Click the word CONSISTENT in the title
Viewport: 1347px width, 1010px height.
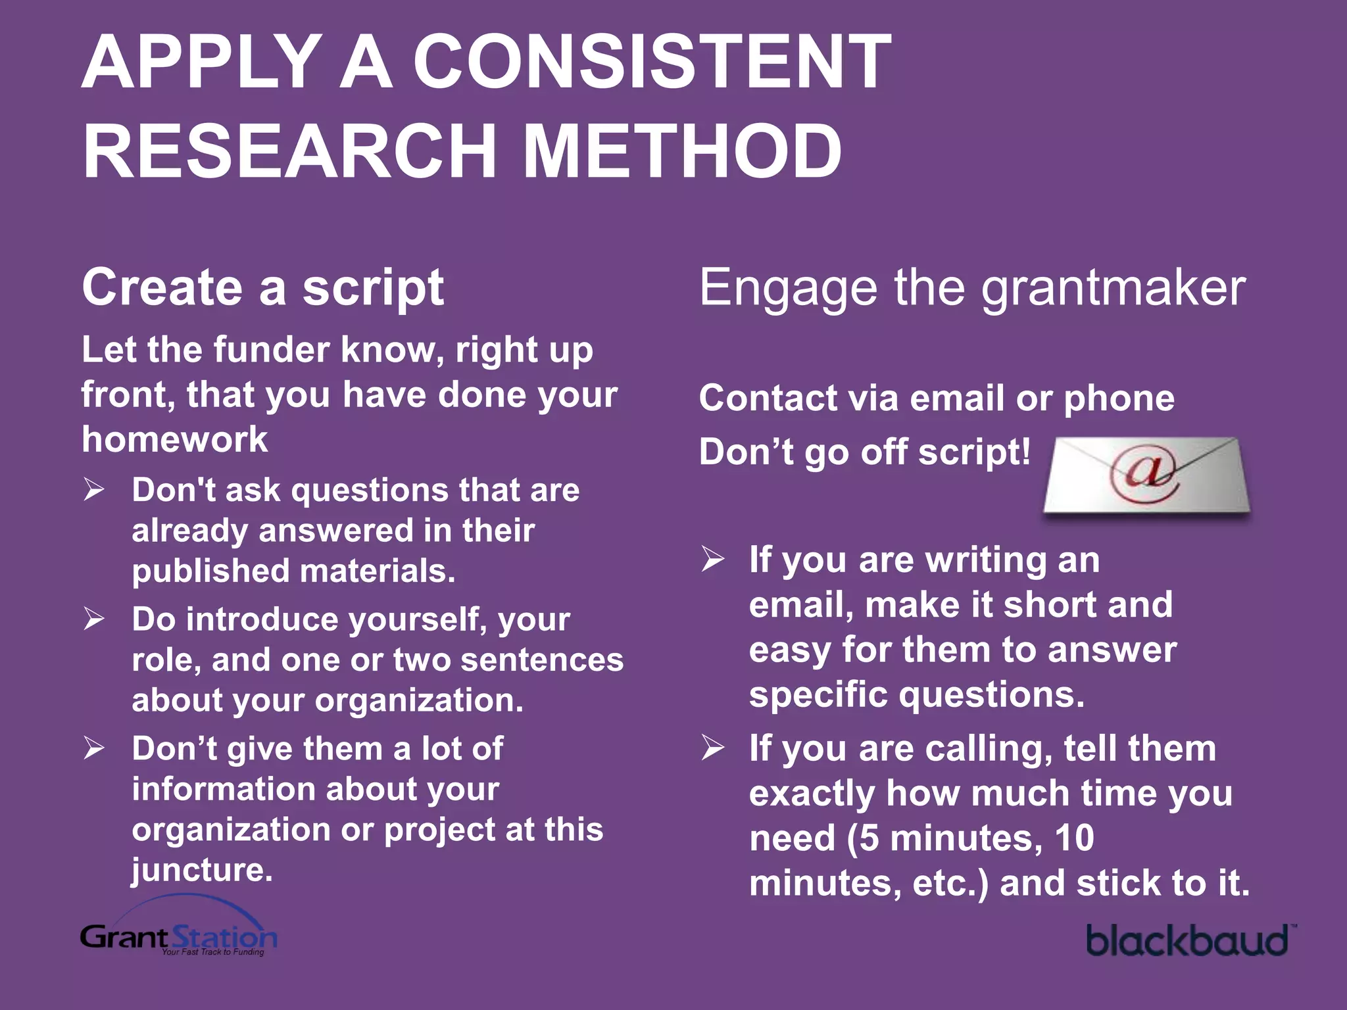pos(651,62)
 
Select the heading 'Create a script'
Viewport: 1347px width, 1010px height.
pos(263,288)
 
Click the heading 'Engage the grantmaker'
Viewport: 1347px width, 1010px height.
pos(972,288)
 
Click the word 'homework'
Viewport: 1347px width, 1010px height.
pos(175,439)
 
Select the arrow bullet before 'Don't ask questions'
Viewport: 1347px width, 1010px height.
pos(94,490)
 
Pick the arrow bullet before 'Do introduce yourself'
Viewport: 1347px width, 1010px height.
pos(94,619)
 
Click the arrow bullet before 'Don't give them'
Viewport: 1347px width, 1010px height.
pos(94,748)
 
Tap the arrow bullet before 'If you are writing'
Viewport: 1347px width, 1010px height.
pos(712,560)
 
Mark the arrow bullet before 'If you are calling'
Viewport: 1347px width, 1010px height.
pos(712,748)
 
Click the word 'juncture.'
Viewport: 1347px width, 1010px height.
pos(202,869)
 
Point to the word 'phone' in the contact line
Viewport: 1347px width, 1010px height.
pos(1119,398)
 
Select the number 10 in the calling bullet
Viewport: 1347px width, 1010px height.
pos(1073,838)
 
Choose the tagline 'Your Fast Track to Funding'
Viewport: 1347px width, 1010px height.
pos(213,952)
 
